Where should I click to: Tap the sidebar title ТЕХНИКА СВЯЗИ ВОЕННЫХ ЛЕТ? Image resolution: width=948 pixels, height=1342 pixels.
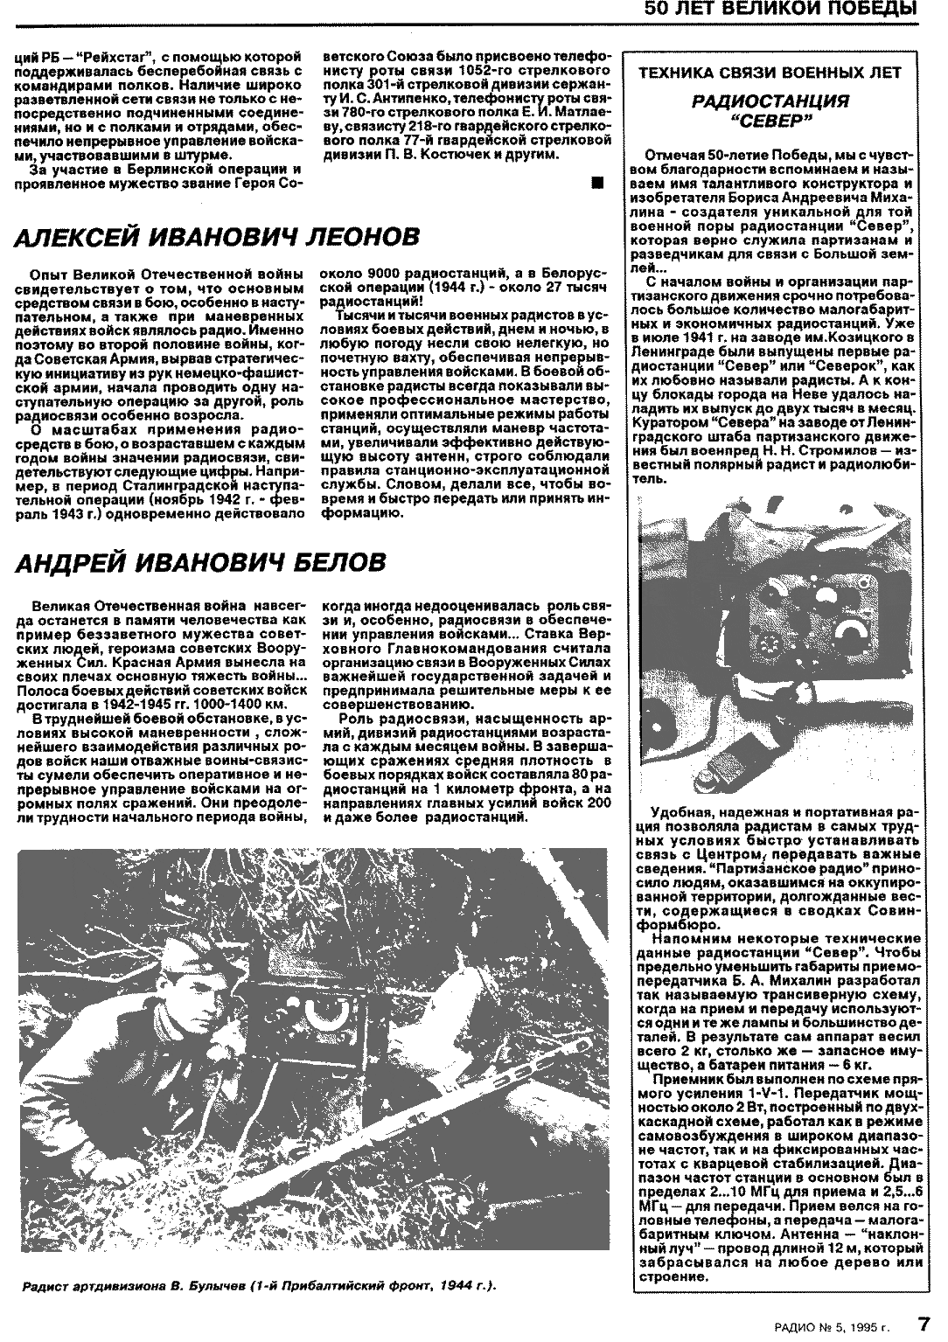point(782,73)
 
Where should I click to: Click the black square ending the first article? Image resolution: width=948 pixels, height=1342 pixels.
point(597,183)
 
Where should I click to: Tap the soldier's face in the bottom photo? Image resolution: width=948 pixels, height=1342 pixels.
point(194,1005)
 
